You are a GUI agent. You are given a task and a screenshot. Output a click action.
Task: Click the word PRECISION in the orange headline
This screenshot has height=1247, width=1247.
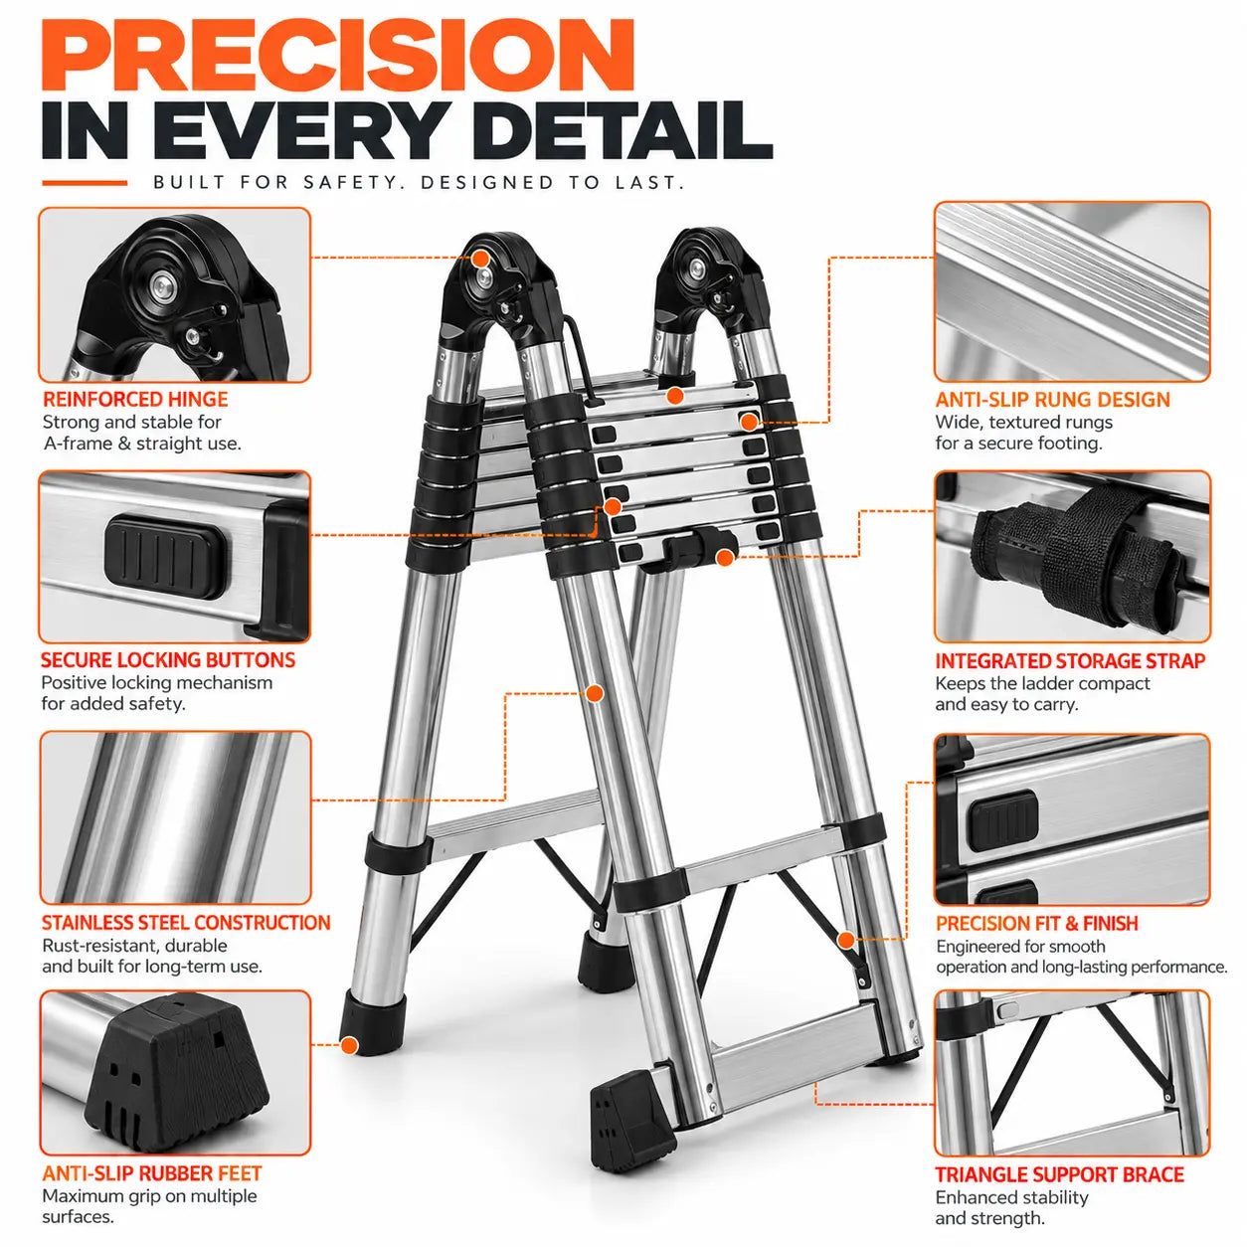click(x=337, y=56)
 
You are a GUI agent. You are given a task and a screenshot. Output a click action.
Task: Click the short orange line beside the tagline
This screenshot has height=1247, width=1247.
click(x=85, y=183)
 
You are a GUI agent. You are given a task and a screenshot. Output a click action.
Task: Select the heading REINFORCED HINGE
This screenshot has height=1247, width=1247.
click(x=135, y=399)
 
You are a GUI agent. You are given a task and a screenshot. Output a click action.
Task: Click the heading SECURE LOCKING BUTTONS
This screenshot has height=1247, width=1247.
click(x=168, y=660)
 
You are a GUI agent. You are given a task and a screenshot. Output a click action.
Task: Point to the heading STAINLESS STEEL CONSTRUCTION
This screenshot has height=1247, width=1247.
click(x=186, y=922)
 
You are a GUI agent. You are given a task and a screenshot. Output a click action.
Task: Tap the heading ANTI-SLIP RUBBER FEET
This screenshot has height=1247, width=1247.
click(x=152, y=1173)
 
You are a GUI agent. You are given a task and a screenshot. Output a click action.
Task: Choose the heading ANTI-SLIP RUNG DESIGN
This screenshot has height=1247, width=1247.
click(x=1053, y=400)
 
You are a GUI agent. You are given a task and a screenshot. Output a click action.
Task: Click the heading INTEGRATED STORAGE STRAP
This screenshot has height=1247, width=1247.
click(x=1070, y=660)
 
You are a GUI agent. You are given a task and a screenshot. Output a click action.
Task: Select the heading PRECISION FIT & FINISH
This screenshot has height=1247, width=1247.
click(x=1037, y=923)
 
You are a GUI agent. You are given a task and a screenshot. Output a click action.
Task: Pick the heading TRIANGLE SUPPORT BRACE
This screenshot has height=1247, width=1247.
click(x=1060, y=1174)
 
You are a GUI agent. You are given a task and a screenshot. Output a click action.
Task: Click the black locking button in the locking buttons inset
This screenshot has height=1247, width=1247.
click(x=165, y=557)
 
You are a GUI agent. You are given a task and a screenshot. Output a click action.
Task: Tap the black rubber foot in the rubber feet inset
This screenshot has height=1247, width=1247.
click(x=176, y=1079)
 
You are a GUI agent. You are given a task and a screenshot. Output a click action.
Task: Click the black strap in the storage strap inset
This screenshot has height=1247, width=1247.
click(x=1082, y=558)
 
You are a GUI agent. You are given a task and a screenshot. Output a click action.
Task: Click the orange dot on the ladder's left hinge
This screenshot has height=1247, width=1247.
click(x=479, y=260)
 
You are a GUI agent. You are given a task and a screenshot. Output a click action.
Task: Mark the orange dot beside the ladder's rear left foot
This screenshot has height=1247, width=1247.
click(x=349, y=1045)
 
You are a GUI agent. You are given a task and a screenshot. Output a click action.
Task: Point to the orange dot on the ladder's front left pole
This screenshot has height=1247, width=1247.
click(x=594, y=694)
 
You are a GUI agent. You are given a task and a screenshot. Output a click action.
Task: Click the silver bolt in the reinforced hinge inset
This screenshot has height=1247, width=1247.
click(x=162, y=284)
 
